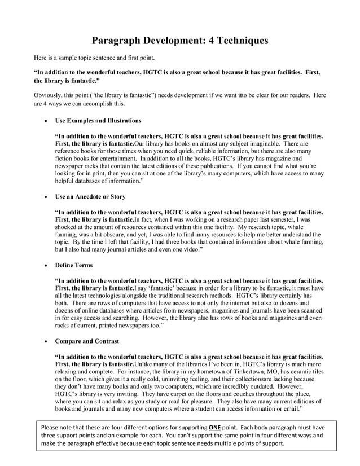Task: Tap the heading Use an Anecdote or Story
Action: point(90,197)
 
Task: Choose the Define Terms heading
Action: point(74,265)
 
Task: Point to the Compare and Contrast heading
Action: point(84,341)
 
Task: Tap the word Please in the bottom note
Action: point(51,428)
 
